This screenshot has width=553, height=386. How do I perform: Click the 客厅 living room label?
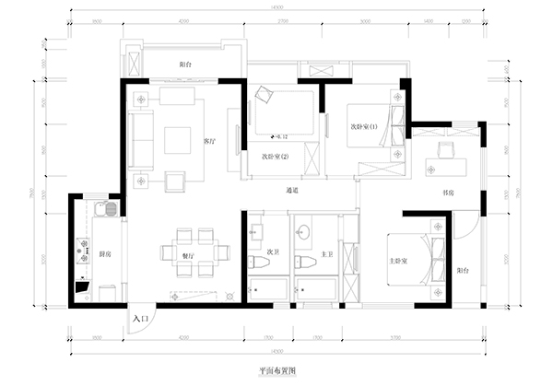coord(208,141)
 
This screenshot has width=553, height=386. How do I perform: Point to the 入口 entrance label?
coord(139,317)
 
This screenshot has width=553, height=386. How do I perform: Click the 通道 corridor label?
coord(292,191)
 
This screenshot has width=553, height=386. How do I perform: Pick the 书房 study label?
coord(448,193)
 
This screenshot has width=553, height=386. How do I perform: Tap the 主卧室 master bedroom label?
coord(399,260)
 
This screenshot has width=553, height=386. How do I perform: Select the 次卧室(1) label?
coord(364,126)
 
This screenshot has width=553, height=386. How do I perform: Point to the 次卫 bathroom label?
coord(272,250)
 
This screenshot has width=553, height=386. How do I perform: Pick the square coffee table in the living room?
coord(177,140)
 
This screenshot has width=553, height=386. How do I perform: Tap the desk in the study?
coord(447,168)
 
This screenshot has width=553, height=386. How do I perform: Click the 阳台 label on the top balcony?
coord(186,64)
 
